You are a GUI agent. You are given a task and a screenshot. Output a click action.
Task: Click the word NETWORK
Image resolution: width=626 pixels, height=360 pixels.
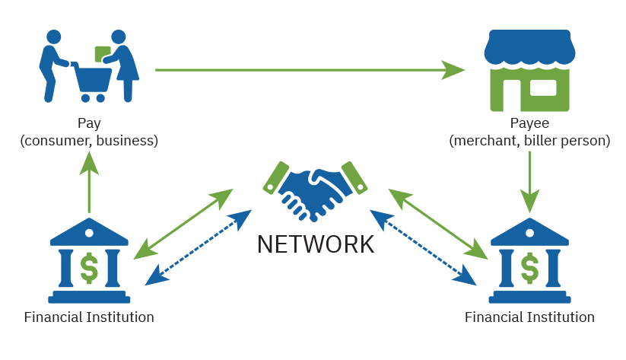click(316, 244)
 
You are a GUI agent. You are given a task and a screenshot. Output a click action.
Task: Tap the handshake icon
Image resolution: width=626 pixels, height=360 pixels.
click(315, 191)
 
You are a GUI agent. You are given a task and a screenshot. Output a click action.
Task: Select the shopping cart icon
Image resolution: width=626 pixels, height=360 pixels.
click(92, 81)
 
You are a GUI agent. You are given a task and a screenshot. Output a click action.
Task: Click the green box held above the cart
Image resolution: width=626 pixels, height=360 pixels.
click(103, 54)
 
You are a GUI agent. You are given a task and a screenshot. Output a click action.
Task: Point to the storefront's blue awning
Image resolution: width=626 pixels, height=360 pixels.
click(529, 47)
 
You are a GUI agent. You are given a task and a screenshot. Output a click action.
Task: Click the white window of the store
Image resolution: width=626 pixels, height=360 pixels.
click(543, 88)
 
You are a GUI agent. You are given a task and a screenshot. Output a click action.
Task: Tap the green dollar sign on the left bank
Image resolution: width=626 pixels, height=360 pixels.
click(89, 268)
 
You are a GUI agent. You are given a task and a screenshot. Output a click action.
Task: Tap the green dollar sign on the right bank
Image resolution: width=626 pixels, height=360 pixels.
click(529, 268)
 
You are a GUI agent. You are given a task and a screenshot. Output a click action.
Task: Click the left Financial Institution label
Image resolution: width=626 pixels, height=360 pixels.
click(89, 317)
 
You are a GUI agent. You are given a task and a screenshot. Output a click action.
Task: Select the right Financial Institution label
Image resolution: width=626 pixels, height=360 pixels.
click(529, 317)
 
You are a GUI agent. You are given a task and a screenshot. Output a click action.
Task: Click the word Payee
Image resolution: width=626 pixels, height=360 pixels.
click(529, 123)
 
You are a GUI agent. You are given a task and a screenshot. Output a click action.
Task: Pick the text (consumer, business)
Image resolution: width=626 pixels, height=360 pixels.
click(89, 141)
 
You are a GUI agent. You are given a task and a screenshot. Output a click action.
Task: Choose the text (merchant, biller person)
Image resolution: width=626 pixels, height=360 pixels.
click(529, 141)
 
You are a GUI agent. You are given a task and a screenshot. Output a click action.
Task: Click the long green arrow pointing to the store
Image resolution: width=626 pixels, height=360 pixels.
click(310, 70)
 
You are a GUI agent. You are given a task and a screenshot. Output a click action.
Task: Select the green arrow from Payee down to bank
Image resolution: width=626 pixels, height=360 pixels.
click(530, 182)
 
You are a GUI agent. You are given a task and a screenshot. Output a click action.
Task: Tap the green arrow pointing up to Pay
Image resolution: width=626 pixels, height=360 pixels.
click(89, 182)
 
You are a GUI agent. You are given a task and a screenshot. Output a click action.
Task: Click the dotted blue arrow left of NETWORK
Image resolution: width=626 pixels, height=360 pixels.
click(199, 247)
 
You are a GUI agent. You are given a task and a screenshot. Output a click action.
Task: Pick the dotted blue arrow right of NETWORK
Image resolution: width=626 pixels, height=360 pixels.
click(423, 247)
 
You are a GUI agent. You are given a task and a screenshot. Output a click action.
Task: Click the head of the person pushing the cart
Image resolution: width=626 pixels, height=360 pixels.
click(54, 37)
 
